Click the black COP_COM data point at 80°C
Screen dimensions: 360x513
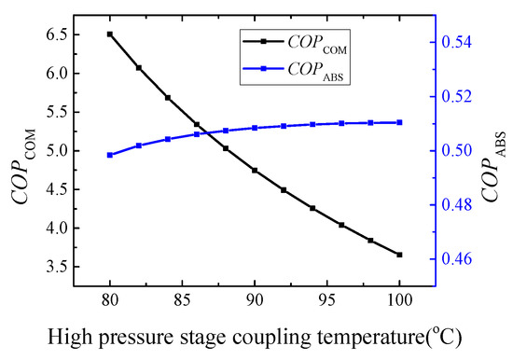pos(110,35)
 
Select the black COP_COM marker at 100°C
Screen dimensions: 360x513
pos(399,255)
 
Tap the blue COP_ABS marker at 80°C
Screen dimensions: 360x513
pos(110,155)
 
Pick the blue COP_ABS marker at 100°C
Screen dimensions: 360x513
pos(399,122)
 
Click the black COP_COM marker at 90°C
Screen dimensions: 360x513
pos(255,171)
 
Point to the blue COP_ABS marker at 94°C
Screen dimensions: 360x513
pos(312,124)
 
